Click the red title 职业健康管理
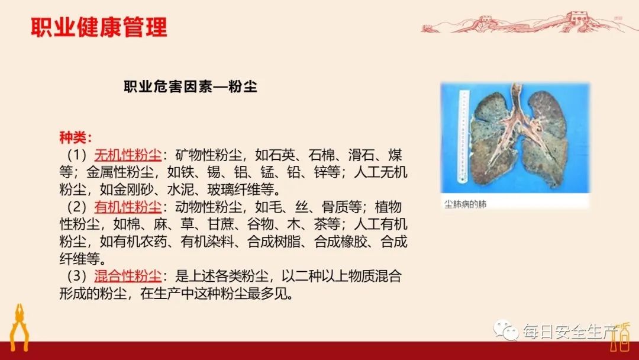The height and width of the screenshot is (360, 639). pos(99,27)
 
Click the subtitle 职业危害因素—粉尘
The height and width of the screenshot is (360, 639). pos(190,86)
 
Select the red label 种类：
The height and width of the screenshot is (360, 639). pos(75,138)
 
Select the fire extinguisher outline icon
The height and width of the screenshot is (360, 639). pos(623,336)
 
